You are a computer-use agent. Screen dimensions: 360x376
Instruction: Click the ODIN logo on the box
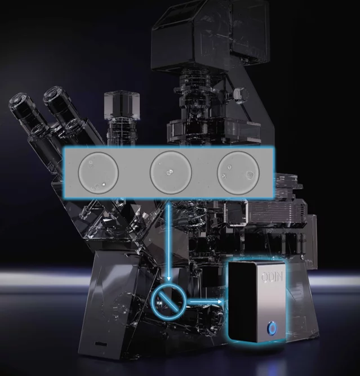(x=272, y=277)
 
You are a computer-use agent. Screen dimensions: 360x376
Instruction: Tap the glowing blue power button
(x=273, y=328)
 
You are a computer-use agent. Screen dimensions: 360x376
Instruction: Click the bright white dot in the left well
(x=104, y=185)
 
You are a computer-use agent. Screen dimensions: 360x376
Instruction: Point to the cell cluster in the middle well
(x=170, y=172)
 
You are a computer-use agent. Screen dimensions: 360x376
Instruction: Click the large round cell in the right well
(x=250, y=176)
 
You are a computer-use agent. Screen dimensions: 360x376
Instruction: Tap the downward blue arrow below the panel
(x=169, y=241)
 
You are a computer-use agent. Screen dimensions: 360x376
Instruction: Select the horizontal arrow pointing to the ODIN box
(x=205, y=302)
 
